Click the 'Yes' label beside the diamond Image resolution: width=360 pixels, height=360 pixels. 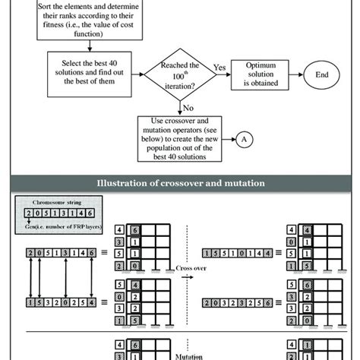[x=219, y=67]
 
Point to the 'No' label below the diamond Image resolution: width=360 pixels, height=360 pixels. [x=188, y=107]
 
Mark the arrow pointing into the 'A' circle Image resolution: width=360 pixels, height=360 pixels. [x=229, y=137]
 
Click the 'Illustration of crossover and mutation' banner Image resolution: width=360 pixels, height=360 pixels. [x=180, y=183]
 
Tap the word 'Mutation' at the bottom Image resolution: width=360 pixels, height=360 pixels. [x=180, y=353]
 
